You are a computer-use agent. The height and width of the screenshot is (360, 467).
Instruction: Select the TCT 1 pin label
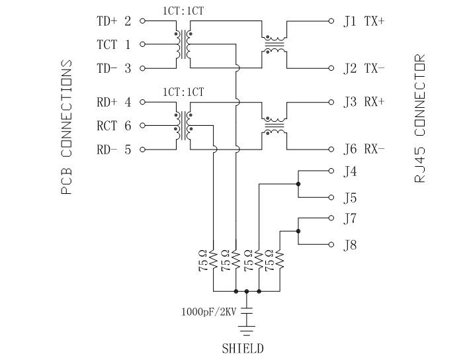pyautogui.click(x=114, y=45)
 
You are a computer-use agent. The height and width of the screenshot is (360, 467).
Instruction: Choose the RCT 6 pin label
pyautogui.click(x=114, y=126)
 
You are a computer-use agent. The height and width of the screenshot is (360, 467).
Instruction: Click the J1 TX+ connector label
pyautogui.click(x=364, y=21)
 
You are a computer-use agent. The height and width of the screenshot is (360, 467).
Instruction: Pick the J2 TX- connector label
pyautogui.click(x=364, y=68)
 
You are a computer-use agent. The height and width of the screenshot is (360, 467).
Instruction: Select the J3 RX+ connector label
pyautogui.click(x=364, y=103)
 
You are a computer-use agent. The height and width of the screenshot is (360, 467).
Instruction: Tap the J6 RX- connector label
pyautogui.click(x=364, y=150)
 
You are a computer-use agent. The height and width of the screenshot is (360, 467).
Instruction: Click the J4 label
pyautogui.click(x=350, y=173)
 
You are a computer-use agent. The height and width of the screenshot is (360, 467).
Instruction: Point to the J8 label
pyautogui.click(x=350, y=246)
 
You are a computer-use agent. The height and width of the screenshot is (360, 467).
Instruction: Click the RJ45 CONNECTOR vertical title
pyautogui.click(x=421, y=120)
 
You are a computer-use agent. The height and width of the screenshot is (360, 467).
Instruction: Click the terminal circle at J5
pyautogui.click(x=331, y=197)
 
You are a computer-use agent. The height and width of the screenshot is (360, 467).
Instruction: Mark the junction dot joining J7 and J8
pyautogui.click(x=299, y=231)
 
